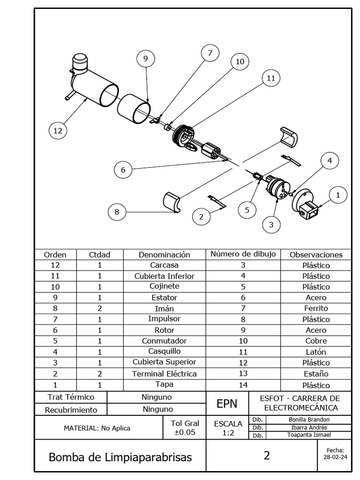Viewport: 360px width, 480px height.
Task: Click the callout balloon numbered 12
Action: point(58,131)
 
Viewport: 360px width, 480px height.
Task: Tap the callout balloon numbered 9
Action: point(145,59)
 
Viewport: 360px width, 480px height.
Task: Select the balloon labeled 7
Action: point(210,53)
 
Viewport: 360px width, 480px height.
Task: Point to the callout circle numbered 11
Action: point(270,78)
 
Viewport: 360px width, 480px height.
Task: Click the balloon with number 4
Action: point(330,161)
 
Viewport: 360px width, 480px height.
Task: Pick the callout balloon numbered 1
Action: point(338,194)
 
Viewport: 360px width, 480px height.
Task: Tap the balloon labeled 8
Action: point(117,212)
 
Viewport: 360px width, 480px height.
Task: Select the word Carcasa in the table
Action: point(164,265)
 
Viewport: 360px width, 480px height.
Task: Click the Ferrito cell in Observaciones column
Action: point(315,308)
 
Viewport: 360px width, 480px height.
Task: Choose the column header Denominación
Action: point(164,255)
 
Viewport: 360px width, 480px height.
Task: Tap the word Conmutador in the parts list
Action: point(164,341)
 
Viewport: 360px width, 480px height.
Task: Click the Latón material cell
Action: point(315,352)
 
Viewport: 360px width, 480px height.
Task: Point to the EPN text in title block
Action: point(227,404)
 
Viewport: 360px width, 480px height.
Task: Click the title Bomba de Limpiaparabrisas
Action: point(120,457)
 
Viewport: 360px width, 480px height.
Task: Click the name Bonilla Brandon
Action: point(309,420)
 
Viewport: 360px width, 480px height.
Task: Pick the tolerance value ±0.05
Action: point(184,433)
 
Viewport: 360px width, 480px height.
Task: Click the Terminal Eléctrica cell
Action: point(164,374)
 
